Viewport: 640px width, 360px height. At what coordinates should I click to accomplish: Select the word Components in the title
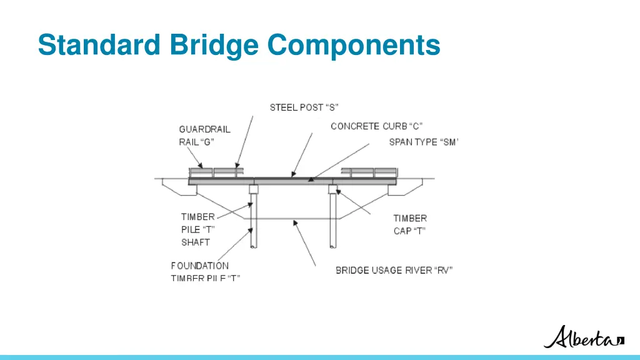(x=354, y=45)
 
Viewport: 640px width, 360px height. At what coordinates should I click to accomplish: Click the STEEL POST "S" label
(x=304, y=107)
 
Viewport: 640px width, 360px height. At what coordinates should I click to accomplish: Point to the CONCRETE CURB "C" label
(x=376, y=126)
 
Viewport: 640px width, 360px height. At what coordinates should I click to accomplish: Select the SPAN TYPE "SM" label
(x=423, y=142)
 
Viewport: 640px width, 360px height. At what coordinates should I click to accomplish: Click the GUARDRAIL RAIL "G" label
(x=204, y=135)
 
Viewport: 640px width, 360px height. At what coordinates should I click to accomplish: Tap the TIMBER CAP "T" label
(x=410, y=224)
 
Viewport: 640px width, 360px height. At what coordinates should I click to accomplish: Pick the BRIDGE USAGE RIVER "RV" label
(x=394, y=270)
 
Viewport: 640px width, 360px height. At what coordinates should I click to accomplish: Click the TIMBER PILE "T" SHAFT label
(x=198, y=229)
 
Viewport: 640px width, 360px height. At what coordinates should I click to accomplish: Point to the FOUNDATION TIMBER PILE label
(x=204, y=271)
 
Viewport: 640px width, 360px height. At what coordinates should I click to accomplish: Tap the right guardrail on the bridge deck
(x=369, y=172)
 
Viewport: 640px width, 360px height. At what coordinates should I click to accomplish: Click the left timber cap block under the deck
(x=254, y=189)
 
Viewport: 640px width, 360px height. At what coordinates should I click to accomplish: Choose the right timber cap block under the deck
(x=333, y=189)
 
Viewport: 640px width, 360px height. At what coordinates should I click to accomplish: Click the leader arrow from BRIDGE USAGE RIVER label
(x=304, y=244)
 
